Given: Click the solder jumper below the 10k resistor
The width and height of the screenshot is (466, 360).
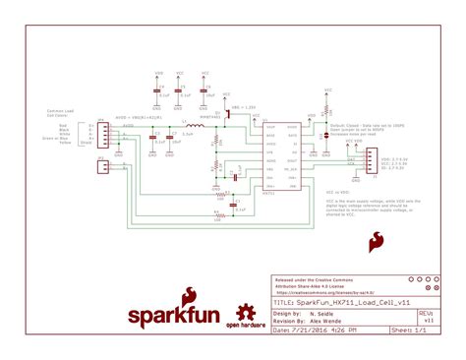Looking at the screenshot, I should pyautogui.click(x=324, y=125).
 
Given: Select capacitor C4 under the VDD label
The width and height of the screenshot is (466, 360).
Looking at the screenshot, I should pyautogui.click(x=159, y=90).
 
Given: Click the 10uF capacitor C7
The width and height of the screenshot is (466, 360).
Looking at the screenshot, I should pyautogui.click(x=173, y=138).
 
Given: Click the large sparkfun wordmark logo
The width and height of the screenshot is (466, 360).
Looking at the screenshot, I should pyautogui.click(x=168, y=317).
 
